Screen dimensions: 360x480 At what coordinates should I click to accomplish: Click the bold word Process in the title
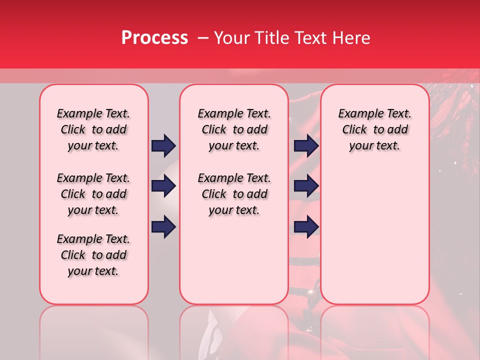[x=154, y=38]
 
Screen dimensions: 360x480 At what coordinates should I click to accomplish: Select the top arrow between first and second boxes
[x=163, y=145]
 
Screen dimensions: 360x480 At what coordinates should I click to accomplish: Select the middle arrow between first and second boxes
[x=163, y=186]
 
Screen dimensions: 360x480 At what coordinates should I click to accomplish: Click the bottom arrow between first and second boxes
[x=163, y=227]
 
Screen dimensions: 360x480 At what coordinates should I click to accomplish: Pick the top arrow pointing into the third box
[x=306, y=145]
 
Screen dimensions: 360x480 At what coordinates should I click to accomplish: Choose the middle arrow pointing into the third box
[x=306, y=186]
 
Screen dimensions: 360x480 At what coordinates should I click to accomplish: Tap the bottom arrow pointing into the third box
[x=306, y=227]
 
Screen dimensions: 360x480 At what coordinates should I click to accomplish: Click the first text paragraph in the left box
[x=93, y=129]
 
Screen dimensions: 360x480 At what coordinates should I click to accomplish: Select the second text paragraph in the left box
[x=93, y=194]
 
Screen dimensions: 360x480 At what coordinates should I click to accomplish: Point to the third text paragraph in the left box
[x=93, y=255]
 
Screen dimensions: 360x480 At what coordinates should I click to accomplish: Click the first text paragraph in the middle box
[x=234, y=129]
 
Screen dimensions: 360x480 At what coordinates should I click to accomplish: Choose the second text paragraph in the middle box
[x=234, y=194]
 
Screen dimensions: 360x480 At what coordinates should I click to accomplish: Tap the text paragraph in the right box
[x=374, y=129]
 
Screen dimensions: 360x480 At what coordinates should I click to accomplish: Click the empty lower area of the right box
[x=374, y=235]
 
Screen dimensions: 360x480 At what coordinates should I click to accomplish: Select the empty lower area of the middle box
[x=234, y=260]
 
